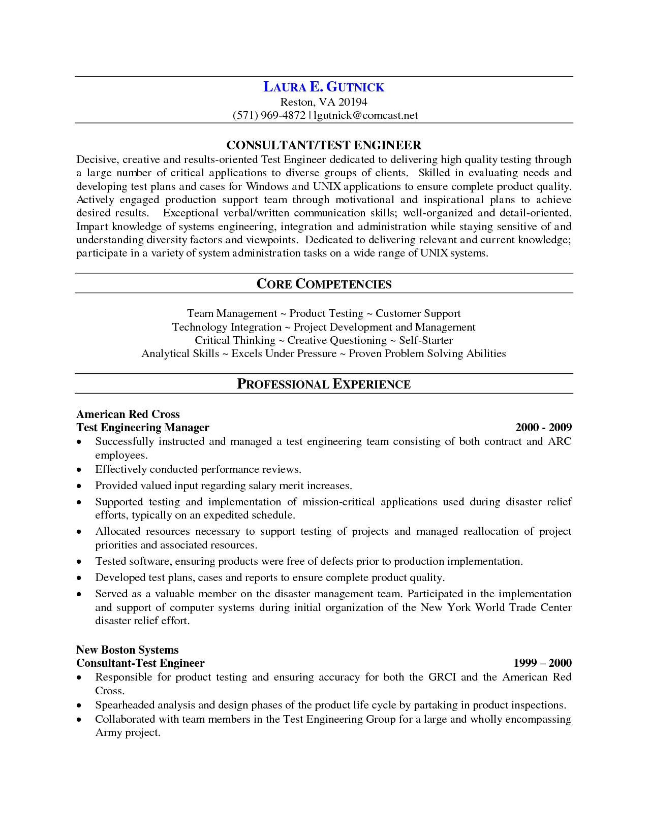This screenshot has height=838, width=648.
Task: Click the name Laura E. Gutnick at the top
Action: tap(324, 87)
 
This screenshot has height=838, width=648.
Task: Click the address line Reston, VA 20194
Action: tap(324, 102)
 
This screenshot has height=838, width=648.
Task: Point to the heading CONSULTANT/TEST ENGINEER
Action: tap(324, 145)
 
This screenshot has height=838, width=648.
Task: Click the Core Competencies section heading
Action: tap(324, 284)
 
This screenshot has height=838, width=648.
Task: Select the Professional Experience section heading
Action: tap(324, 384)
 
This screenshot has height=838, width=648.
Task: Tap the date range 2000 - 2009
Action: tap(543, 428)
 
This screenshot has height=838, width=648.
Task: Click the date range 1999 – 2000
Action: tap(542, 663)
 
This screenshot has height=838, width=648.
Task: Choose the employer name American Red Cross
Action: tap(128, 414)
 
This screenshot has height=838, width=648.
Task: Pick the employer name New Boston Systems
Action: tap(127, 650)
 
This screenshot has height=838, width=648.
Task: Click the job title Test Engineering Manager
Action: tap(143, 428)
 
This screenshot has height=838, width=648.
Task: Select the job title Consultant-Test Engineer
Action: tap(140, 663)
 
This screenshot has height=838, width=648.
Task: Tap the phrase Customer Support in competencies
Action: tap(418, 313)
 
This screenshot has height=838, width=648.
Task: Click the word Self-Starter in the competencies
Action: tap(425, 340)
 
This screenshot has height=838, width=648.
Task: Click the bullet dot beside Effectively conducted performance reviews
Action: tap(79, 470)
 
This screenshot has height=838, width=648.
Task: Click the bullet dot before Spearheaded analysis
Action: tap(79, 706)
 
